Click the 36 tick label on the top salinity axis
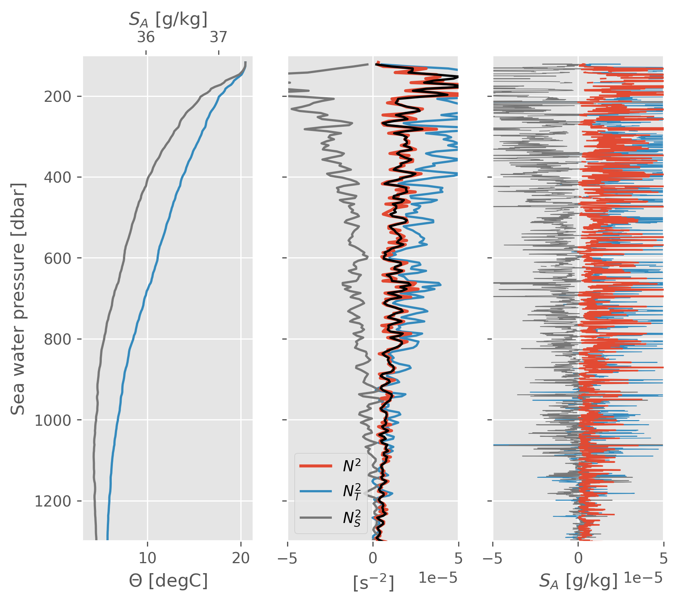[x=146, y=38]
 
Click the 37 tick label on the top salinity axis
[x=219, y=38]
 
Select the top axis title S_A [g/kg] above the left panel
[x=168, y=19]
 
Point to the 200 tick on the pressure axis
[x=57, y=97]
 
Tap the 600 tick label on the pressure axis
[x=57, y=258]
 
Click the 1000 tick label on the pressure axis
[x=53, y=420]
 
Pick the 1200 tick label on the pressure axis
[x=53, y=501]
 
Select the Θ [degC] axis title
[x=168, y=581]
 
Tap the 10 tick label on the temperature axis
[x=147, y=559]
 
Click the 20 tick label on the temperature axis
[x=241, y=559]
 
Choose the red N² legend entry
[x=352, y=466]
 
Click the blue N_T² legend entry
[x=352, y=491]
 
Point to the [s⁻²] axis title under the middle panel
[x=373, y=583]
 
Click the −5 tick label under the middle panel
[x=288, y=559]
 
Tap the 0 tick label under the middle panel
[x=373, y=559]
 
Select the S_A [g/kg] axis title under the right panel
[x=578, y=581]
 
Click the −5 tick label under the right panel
[x=493, y=559]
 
